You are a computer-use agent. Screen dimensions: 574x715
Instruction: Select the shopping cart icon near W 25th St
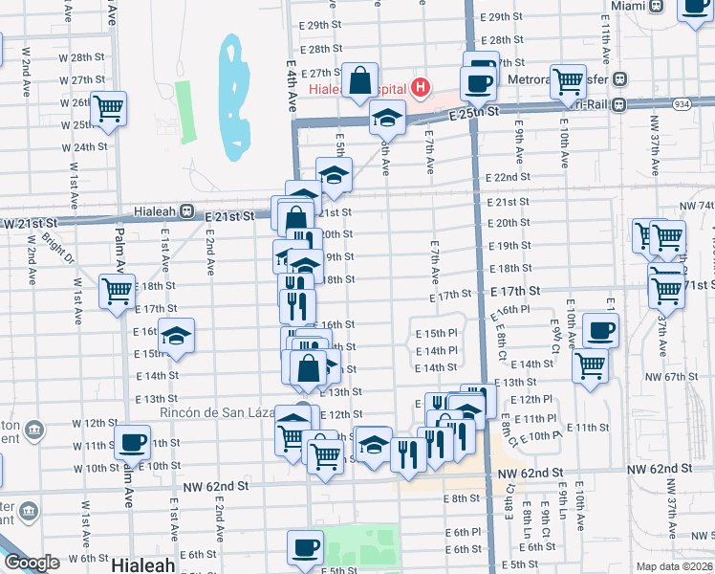(x=108, y=108)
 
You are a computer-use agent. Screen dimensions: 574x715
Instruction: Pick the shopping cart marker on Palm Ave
(x=117, y=290)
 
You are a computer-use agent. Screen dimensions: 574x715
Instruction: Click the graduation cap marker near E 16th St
(x=176, y=336)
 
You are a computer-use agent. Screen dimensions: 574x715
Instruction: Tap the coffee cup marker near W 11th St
(x=132, y=442)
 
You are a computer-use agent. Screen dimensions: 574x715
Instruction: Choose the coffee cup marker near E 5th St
(x=305, y=547)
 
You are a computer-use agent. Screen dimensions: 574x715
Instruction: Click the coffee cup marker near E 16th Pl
(x=600, y=330)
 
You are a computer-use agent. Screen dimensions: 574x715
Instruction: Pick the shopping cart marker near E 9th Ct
(x=590, y=364)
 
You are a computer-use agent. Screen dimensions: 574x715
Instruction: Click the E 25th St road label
(x=475, y=113)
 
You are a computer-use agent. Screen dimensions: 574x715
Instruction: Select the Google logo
(x=31, y=563)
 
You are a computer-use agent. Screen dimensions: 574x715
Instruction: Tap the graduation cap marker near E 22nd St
(x=333, y=175)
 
